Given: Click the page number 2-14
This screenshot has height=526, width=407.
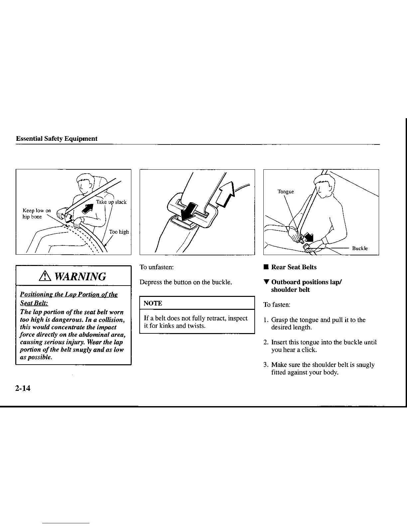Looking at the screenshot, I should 23,388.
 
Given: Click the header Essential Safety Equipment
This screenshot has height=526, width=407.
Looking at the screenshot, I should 57,139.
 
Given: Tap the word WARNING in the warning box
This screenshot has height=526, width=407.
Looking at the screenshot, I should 80,276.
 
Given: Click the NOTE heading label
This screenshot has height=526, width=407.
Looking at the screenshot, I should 153,303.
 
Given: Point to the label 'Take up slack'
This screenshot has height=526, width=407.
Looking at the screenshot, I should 111,202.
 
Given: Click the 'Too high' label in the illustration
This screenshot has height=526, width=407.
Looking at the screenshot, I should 119,232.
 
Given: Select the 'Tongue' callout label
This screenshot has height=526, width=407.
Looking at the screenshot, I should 286,192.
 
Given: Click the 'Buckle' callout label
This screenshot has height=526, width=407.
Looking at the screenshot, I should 360,248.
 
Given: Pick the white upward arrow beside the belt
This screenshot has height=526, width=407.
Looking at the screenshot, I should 226,196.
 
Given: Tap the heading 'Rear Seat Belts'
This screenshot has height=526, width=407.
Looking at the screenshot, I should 294,267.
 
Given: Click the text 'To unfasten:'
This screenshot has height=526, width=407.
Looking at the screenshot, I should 157,267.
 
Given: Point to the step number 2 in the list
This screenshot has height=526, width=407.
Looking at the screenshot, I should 266,342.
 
